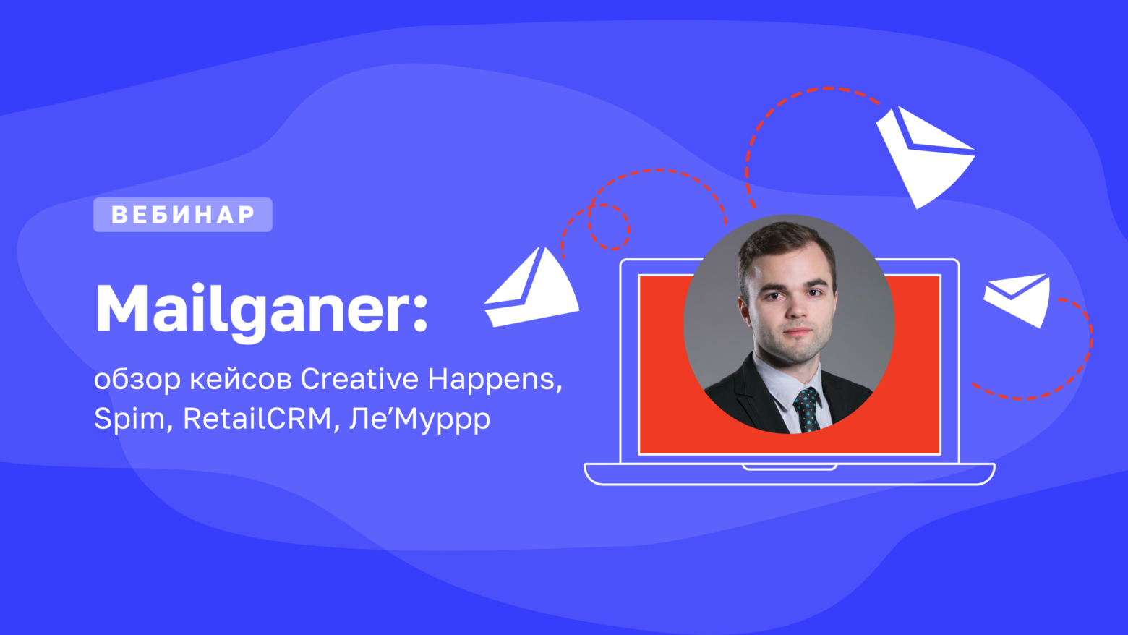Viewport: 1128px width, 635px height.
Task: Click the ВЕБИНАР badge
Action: (x=183, y=215)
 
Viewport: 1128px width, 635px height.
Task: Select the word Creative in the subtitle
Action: (x=359, y=379)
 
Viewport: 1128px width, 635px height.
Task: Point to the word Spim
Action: (x=129, y=419)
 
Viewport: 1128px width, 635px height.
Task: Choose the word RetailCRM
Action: (x=257, y=419)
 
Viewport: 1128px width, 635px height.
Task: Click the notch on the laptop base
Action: (x=789, y=468)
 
